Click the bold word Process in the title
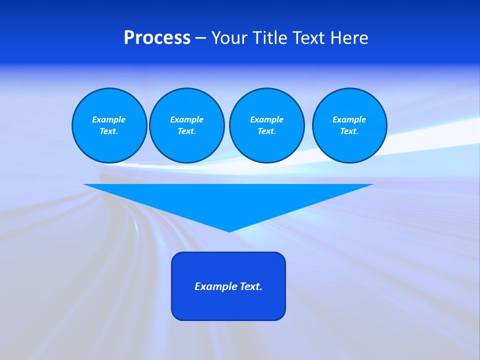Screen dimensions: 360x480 click(x=157, y=38)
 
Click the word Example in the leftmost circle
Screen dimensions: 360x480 click(x=109, y=119)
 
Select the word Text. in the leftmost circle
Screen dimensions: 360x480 click(x=109, y=131)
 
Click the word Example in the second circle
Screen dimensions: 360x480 click(x=186, y=119)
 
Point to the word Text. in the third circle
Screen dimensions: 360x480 click(x=266, y=131)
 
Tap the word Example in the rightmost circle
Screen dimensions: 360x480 click(x=349, y=119)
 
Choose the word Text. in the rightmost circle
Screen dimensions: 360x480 click(x=349, y=131)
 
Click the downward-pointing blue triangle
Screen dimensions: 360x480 click(x=228, y=200)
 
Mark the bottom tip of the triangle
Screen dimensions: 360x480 click(x=229, y=231)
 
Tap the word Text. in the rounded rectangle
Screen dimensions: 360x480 click(x=251, y=286)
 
